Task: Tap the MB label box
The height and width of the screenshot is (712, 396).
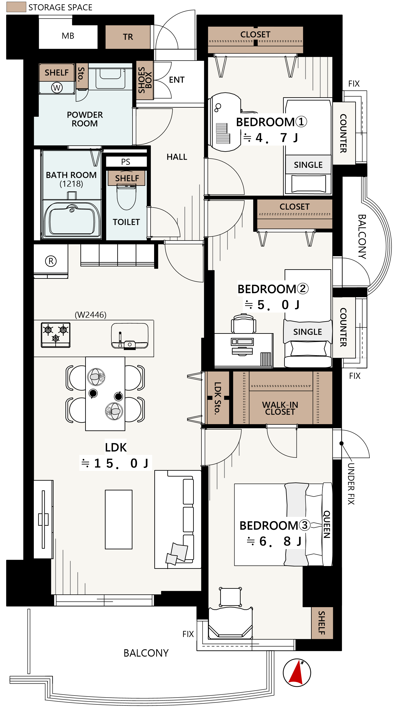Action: tap(68, 36)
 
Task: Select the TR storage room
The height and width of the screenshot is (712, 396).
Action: tap(128, 37)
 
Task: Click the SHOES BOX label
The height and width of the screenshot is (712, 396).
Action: tap(145, 80)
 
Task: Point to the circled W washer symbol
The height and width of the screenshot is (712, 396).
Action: tap(57, 88)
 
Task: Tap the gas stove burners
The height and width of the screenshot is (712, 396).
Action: tap(55, 335)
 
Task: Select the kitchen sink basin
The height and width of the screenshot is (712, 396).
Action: tap(129, 336)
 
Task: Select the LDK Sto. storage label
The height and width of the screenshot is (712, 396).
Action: tap(218, 398)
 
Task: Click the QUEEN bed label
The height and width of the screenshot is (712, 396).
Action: tap(327, 524)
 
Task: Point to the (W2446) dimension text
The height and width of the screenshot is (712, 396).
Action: tap(91, 315)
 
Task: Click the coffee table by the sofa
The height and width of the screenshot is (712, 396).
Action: tap(119, 519)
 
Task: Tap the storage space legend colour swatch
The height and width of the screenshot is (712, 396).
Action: tap(16, 7)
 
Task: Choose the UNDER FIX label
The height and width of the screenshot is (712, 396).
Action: tap(351, 484)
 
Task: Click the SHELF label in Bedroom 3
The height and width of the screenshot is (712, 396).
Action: tap(322, 623)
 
